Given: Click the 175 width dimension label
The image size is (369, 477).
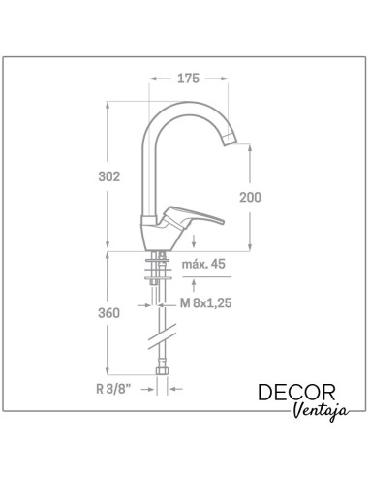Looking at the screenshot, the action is [188, 79].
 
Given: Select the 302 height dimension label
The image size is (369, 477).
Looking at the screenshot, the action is [109, 176].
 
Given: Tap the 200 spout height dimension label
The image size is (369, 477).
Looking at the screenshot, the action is [250, 197].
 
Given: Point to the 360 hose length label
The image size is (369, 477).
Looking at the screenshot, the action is [108, 313].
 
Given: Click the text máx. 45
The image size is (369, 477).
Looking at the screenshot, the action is [203, 264].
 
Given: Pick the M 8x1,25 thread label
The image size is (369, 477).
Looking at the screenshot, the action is [205, 303].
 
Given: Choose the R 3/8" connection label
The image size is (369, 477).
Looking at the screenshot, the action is [113, 389].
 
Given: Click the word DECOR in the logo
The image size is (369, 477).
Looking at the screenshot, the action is [296, 393].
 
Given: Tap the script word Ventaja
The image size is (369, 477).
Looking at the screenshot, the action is [321, 411].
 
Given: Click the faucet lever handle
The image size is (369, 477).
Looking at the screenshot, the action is [194, 216].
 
